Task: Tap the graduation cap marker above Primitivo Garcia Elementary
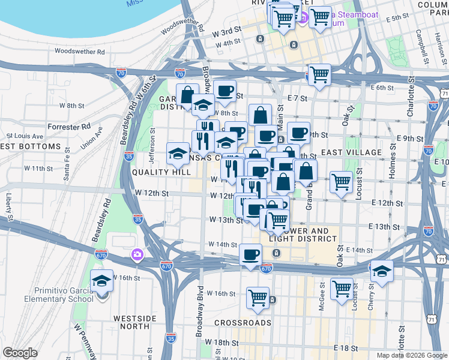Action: (x=101, y=280)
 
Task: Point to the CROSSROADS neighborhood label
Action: (x=243, y=322)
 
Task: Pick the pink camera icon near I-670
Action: (x=139, y=255)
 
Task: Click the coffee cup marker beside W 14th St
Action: (x=250, y=254)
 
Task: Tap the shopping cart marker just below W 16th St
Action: (x=258, y=297)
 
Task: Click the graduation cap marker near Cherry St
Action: (x=381, y=271)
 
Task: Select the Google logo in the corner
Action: (x=20, y=353)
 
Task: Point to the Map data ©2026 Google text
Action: (x=411, y=355)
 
